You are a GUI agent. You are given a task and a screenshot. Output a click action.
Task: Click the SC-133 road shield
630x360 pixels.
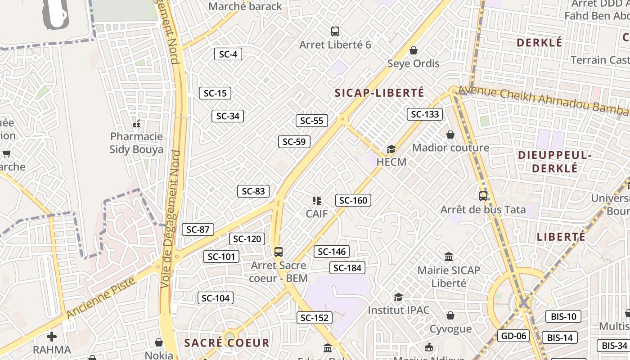click(x=425, y=114)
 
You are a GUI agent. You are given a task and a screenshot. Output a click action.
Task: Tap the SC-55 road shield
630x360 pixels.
click(x=311, y=121)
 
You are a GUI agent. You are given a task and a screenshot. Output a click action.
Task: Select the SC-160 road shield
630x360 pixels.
click(x=353, y=200)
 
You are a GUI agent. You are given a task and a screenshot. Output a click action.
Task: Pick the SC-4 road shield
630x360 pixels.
click(x=228, y=54)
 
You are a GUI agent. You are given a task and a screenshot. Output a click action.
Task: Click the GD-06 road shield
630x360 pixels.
click(x=513, y=335)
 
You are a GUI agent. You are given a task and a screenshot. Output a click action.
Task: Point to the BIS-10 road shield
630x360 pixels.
click(x=563, y=316)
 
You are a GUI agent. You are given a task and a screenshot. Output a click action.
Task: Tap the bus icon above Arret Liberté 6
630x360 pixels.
click(x=335, y=31)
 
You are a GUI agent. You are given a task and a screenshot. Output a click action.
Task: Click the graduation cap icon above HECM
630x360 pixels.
click(x=391, y=149)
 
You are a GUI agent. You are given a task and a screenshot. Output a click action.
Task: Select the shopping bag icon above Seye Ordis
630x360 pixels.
click(x=413, y=50)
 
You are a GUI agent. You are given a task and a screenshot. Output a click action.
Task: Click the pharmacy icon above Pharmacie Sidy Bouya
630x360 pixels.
click(x=136, y=123)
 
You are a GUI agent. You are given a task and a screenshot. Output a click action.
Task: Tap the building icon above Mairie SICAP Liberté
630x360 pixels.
click(x=449, y=257)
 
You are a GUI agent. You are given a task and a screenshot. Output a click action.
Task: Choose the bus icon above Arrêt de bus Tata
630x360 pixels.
click(x=483, y=196)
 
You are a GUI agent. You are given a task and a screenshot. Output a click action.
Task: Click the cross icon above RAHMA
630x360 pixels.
click(x=52, y=336)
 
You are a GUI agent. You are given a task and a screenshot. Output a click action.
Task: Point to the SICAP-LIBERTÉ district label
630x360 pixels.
click(x=379, y=93)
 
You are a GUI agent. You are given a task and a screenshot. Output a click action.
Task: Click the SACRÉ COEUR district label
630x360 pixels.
click(x=227, y=343)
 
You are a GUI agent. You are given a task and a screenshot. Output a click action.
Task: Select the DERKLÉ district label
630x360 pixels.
click(x=539, y=43)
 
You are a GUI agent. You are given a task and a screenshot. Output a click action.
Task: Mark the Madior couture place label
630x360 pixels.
click(x=450, y=148)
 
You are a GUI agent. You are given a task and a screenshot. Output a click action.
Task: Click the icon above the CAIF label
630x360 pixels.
click(x=316, y=200)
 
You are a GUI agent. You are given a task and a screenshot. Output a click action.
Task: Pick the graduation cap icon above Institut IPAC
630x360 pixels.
click(x=398, y=297)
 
